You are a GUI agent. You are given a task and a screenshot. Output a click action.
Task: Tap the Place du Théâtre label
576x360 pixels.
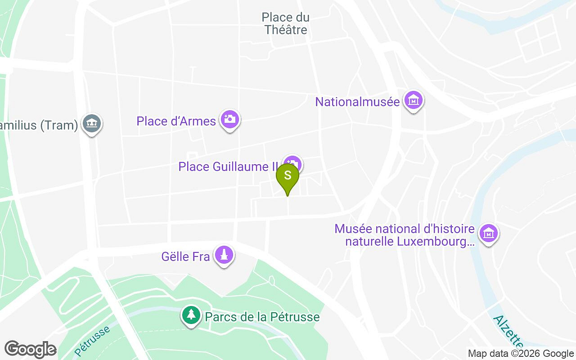286,24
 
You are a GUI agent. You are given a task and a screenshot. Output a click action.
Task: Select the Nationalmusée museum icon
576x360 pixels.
413,101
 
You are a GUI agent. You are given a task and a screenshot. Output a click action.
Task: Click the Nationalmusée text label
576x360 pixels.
357,102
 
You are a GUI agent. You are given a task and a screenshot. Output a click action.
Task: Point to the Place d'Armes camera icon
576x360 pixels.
230,119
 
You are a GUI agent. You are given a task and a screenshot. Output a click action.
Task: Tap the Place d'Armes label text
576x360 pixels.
176,121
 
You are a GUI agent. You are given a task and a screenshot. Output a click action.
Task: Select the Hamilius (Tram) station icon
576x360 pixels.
92,123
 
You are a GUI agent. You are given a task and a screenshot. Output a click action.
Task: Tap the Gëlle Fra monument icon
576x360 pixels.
224,255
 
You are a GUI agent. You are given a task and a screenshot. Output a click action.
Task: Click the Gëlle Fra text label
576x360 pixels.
186,257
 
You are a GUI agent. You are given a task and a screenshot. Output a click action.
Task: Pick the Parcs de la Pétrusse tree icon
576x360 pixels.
192,315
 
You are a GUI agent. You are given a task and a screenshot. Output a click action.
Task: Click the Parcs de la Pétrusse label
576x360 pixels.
262,317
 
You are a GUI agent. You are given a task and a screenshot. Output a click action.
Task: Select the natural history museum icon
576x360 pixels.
488,233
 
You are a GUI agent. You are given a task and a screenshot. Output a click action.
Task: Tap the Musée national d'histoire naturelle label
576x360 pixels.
405,235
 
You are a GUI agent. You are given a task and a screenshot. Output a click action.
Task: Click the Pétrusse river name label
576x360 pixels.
92,340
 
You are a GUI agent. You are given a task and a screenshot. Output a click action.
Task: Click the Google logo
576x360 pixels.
30,349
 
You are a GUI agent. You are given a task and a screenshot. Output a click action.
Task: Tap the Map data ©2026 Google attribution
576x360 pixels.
521,354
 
